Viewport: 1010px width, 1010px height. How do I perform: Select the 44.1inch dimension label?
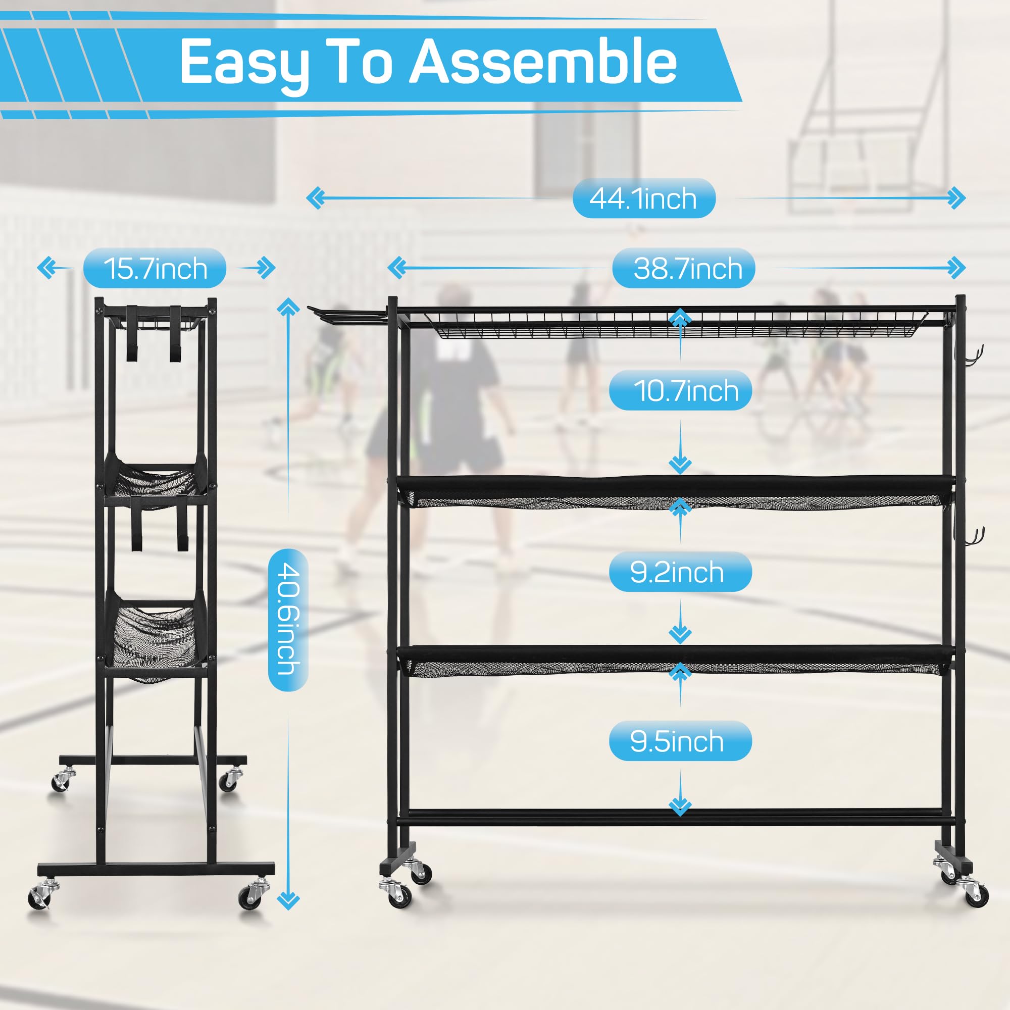tap(643, 198)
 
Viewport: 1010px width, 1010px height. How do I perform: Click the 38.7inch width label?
tap(683, 268)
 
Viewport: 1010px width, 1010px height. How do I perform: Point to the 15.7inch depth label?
tap(155, 268)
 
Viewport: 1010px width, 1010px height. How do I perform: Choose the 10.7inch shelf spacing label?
tap(680, 390)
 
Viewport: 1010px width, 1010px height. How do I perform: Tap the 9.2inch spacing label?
tap(680, 573)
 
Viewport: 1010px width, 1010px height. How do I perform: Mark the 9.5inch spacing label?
tap(680, 741)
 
